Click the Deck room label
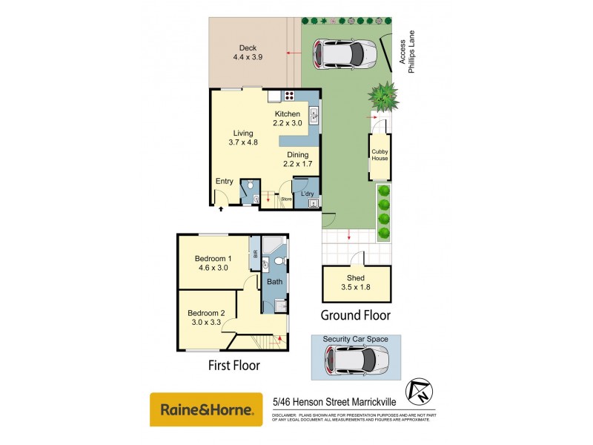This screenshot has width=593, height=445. click(x=248, y=48)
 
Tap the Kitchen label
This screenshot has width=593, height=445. click(x=288, y=113)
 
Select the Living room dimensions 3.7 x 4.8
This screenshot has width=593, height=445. click(x=242, y=142)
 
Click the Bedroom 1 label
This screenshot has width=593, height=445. click(x=212, y=259)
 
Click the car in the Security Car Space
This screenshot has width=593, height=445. click(x=355, y=361)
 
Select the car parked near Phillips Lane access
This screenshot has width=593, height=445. click(x=345, y=52)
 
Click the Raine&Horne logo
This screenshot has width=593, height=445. click(x=206, y=409)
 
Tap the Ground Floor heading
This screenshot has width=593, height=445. click(x=355, y=315)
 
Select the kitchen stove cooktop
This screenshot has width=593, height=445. click(x=288, y=95)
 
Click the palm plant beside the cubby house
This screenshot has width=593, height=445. click(x=384, y=95)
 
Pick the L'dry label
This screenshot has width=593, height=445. click(x=307, y=194)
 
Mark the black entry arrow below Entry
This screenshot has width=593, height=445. click(x=221, y=209)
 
